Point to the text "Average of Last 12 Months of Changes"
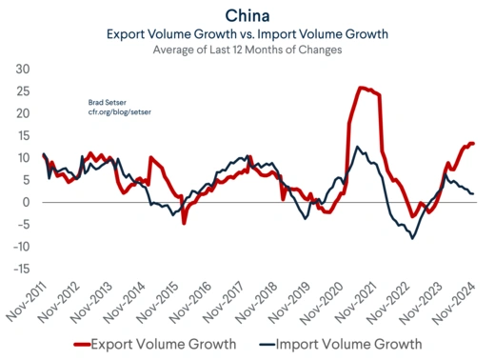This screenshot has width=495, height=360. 247,50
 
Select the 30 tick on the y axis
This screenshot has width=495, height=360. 24,70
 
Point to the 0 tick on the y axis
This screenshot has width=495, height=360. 29,202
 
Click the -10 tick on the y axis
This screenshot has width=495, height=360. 23,247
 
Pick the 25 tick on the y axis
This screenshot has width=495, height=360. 24,91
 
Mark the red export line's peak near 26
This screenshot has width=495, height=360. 361,88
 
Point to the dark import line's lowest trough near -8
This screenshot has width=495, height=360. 412,238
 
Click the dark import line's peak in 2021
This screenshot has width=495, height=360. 357,147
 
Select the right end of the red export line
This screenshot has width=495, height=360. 473,143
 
